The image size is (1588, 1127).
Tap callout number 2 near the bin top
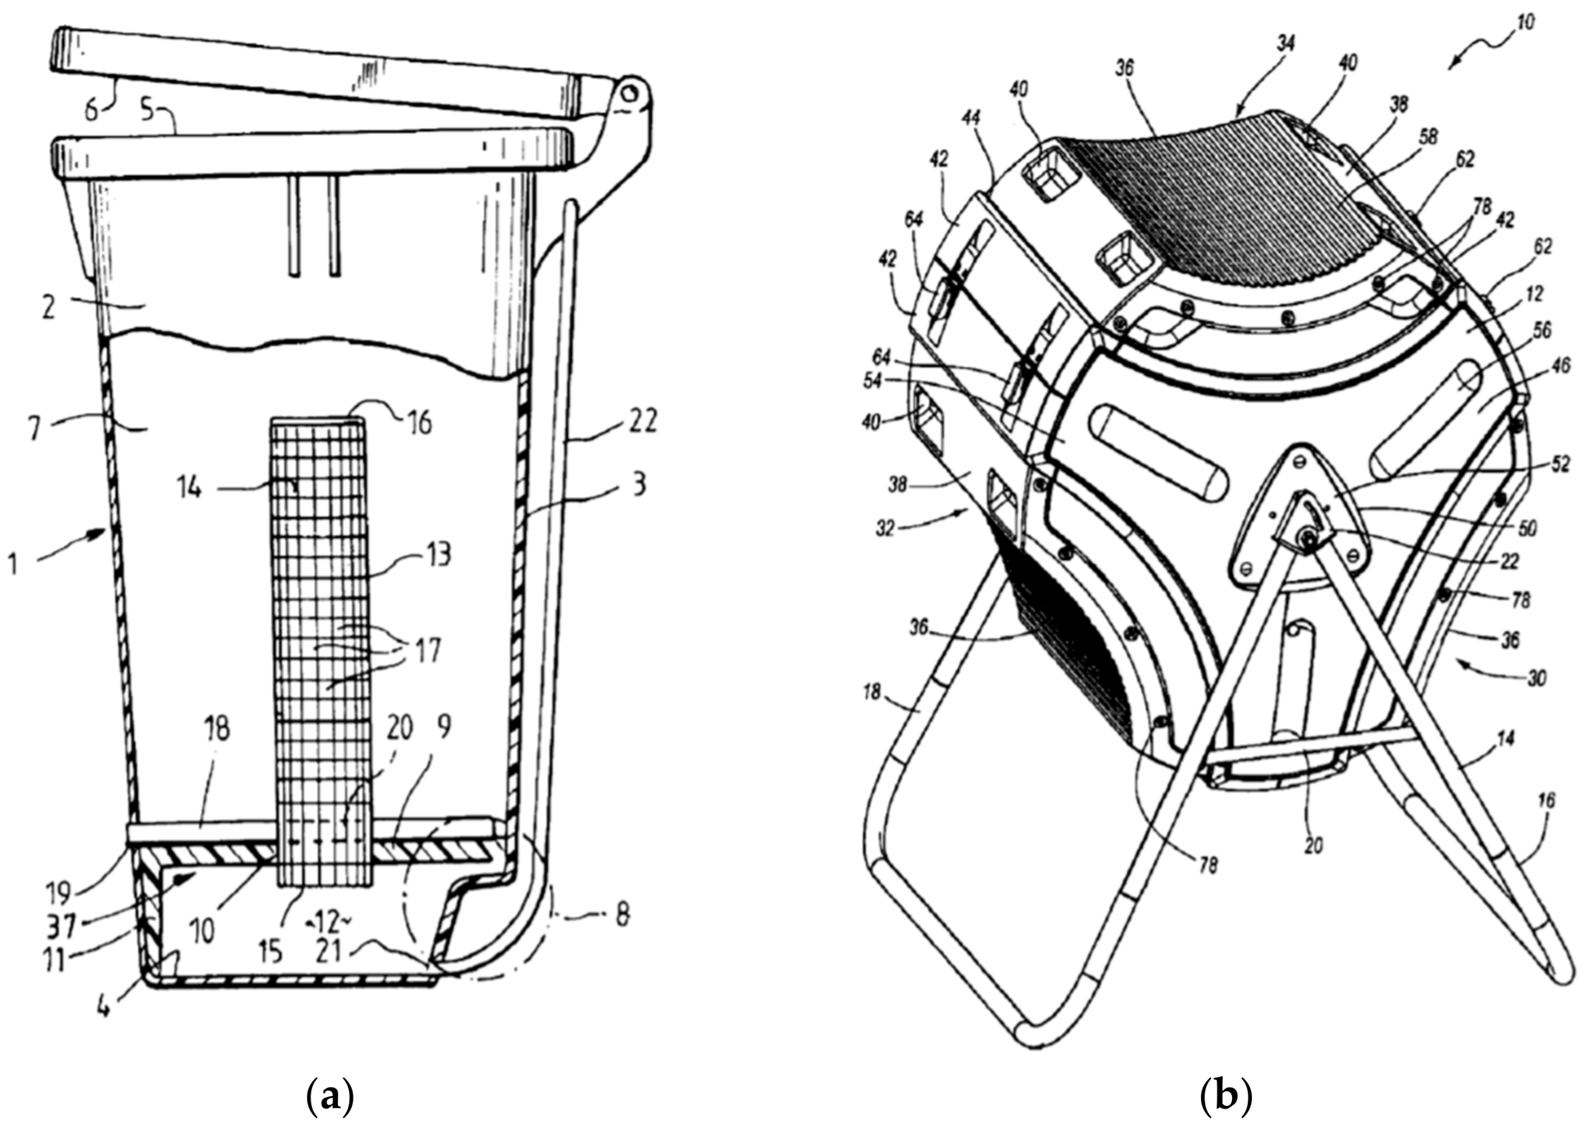click(48, 307)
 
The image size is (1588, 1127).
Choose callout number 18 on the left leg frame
click(872, 692)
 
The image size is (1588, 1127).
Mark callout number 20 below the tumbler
click(1313, 845)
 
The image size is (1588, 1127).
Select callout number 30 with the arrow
click(1536, 677)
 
